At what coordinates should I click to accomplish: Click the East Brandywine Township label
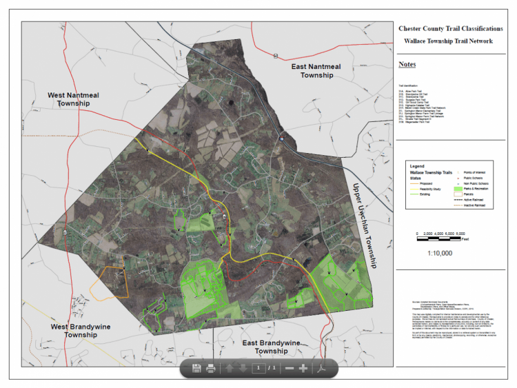271,346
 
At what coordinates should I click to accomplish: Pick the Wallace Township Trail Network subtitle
448,41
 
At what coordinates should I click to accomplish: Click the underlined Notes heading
407,65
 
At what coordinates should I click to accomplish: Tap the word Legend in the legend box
417,166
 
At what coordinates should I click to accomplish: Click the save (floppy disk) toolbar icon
196,369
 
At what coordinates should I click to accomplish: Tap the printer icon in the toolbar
211,369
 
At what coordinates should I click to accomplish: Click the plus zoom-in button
303,369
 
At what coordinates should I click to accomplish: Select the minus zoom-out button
290,369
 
